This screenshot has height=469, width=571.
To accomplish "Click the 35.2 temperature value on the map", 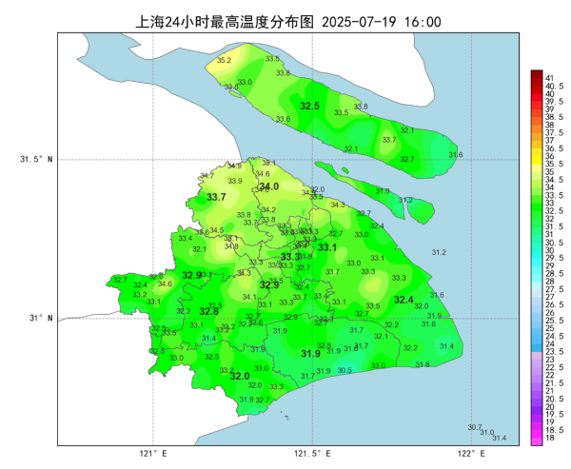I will coord(224,61).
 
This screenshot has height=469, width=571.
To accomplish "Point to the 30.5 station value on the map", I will coord(344,370).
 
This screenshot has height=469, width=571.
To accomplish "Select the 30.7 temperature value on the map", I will coord(475,427).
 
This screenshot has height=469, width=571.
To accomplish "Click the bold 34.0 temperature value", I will coord(269,186).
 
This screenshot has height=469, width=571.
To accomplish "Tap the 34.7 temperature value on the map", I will coord(207,176).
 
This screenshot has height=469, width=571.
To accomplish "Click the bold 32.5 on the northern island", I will coord(309,106).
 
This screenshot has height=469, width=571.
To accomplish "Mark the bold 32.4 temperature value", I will coord(404,300).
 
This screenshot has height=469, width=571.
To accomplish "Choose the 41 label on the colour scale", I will coord(549,77).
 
